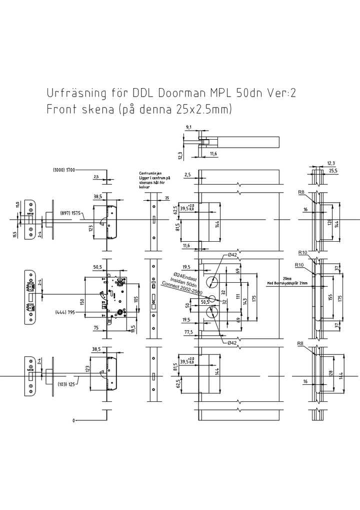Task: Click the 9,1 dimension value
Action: [x=188, y=128]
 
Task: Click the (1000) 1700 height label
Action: [x=63, y=170]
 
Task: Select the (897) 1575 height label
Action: [x=70, y=213]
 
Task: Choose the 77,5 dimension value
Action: [x=188, y=332]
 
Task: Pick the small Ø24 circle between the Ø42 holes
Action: [x=212, y=299]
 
